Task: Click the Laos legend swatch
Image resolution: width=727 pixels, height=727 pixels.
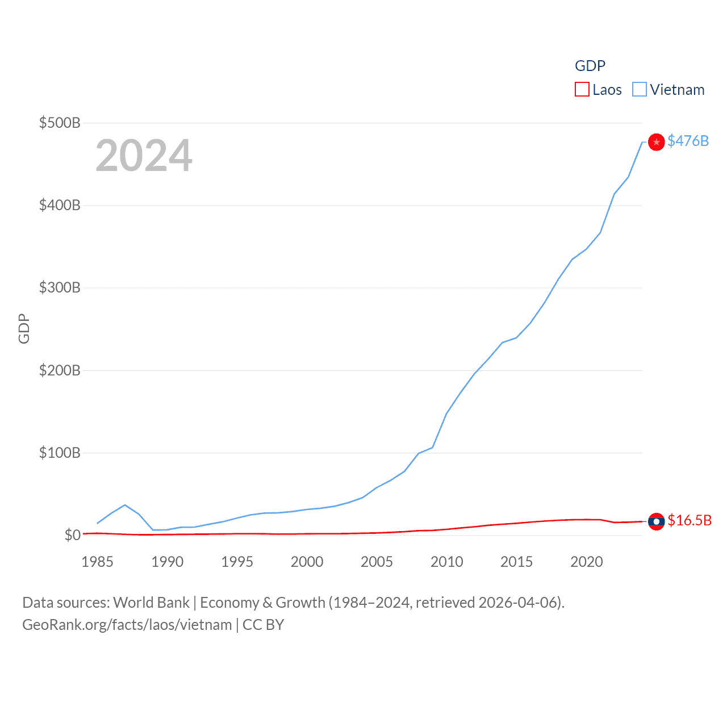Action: click(582, 90)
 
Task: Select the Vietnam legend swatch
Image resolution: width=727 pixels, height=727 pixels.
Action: click(640, 90)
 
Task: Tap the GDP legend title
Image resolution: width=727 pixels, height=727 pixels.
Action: click(590, 66)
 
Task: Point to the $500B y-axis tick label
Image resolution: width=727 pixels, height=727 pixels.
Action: click(60, 123)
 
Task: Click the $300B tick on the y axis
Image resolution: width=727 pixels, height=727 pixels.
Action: click(60, 287)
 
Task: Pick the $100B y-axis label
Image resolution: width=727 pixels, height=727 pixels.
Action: click(60, 453)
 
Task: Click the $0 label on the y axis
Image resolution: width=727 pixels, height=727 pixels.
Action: click(72, 535)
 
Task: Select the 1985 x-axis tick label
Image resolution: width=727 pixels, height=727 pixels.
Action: click(97, 562)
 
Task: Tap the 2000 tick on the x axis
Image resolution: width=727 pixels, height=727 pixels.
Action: click(307, 562)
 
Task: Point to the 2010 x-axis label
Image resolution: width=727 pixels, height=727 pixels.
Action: click(446, 562)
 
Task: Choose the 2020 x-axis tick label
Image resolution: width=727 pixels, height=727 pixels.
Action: click(586, 562)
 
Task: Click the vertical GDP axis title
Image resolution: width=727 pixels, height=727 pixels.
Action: click(24, 328)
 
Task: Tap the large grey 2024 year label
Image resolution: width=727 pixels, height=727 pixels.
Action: click(144, 156)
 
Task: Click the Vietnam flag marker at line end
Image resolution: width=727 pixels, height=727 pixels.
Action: click(657, 142)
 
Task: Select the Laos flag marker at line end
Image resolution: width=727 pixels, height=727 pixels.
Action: click(657, 521)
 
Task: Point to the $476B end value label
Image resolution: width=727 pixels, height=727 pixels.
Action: click(688, 141)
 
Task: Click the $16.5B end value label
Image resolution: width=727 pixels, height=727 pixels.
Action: click(690, 520)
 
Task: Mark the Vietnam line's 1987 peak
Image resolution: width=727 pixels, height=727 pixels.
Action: click(125, 505)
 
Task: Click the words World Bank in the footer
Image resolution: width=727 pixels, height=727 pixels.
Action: click(151, 603)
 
